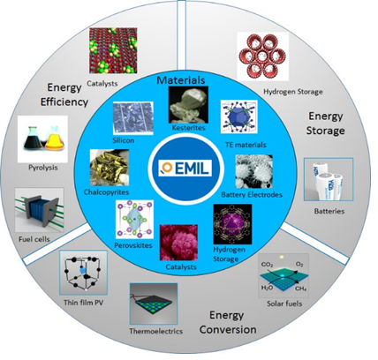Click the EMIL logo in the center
pyautogui.click(x=185, y=169)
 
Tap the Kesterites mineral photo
pyautogui.click(x=188, y=105)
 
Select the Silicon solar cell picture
pyautogui.click(x=133, y=118)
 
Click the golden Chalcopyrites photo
pyautogui.click(x=110, y=168)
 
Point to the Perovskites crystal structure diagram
pyautogui.click(x=135, y=220)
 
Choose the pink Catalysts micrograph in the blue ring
pyautogui.click(x=178, y=243)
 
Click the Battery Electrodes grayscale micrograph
pyautogui.click(x=253, y=172)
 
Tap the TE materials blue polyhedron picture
pyautogui.click(x=239, y=116)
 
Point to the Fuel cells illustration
pyautogui.click(x=39, y=210)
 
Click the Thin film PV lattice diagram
pyautogui.click(x=83, y=273)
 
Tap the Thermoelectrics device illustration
pyautogui.click(x=154, y=304)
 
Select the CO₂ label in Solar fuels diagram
pyautogui.click(x=267, y=265)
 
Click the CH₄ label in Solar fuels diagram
pyautogui.click(x=300, y=289)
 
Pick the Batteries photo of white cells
pyautogui.click(x=329, y=179)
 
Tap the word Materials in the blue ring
pyautogui.click(x=181, y=80)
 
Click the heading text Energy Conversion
pyautogui.click(x=228, y=322)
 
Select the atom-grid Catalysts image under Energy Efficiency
pyautogui.click(x=113, y=50)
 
